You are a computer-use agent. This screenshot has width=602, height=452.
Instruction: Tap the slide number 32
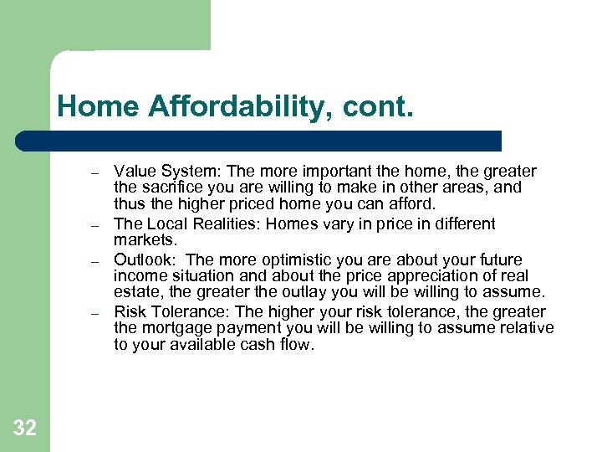25,429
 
